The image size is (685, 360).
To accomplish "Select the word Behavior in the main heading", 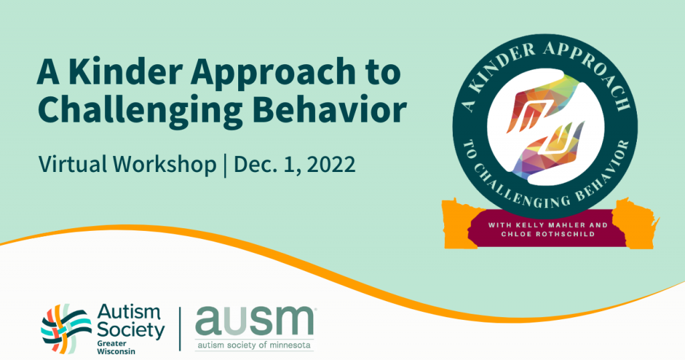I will click(x=332, y=110).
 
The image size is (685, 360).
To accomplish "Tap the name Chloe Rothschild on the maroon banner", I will click(x=541, y=236).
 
